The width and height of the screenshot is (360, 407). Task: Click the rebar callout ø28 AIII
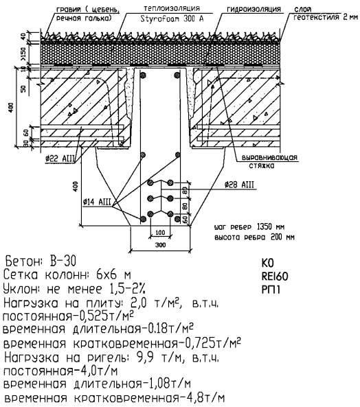[239, 185]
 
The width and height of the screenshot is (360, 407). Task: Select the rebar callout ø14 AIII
[97, 202]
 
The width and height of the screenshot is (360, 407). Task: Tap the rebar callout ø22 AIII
[60, 159]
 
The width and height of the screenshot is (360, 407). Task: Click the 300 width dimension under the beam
[161, 245]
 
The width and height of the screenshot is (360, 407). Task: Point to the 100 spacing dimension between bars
[160, 232]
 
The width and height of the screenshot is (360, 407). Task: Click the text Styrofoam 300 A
[172, 19]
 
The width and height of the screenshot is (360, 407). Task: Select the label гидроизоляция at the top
[254, 9]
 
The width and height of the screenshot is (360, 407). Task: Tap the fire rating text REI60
[275, 277]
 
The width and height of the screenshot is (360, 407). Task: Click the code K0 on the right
[267, 263]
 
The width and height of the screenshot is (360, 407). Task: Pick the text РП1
[271, 290]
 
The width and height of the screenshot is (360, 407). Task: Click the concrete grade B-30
[63, 261]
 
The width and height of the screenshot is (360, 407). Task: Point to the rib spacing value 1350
[265, 227]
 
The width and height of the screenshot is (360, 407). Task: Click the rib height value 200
[276, 237]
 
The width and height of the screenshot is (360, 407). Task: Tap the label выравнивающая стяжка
[269, 161]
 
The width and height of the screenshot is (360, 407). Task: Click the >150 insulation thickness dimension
[23, 53]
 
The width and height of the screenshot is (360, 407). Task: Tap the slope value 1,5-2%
[126, 289]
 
